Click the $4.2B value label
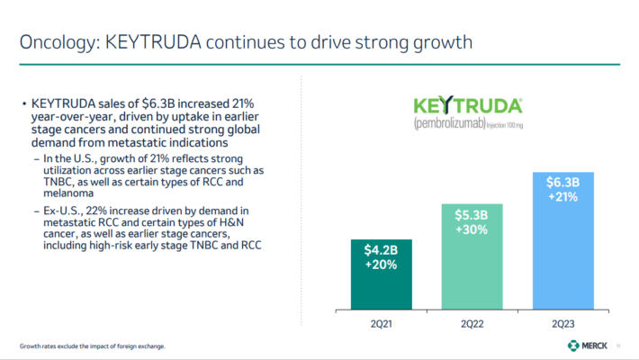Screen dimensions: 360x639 click(381, 249)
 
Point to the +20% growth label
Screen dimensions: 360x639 click(381, 265)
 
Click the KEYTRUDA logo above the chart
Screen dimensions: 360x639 click(472, 103)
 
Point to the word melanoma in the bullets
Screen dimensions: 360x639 click(69, 193)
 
